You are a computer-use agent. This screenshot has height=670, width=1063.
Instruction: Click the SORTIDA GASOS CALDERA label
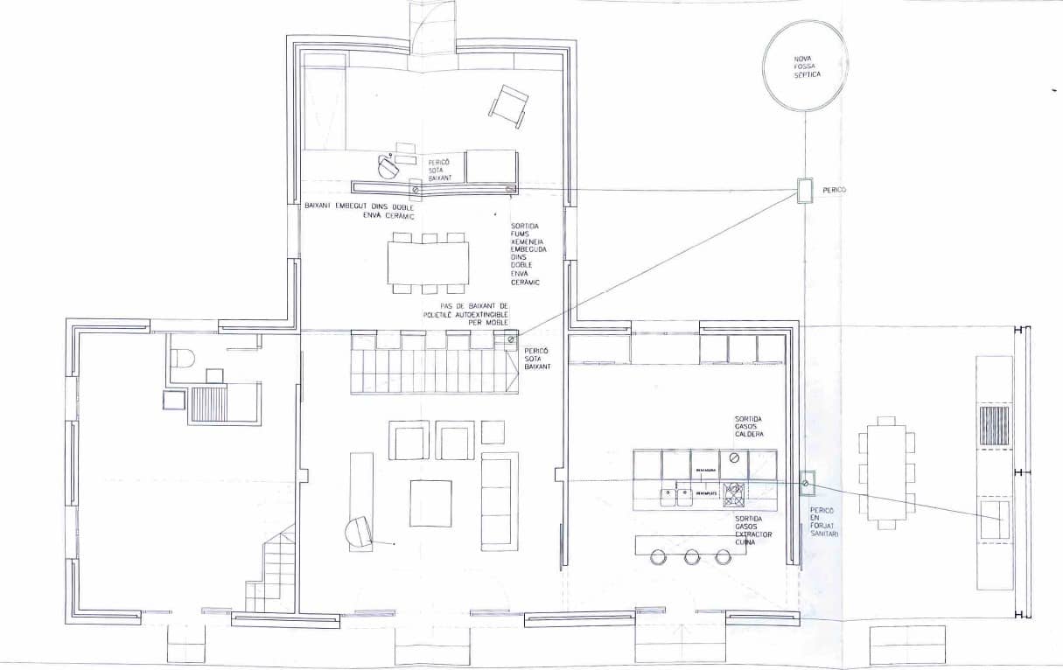point(751,427)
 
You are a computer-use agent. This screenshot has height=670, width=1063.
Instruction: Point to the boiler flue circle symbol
point(735,457)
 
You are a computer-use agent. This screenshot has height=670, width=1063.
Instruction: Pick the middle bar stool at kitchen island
point(692,556)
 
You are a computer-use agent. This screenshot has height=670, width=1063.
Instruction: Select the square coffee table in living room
point(430,503)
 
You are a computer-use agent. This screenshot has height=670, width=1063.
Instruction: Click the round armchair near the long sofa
point(360,532)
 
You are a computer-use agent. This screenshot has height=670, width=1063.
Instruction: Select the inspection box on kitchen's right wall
point(806,480)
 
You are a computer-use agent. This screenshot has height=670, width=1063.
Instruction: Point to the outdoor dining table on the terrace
point(887,472)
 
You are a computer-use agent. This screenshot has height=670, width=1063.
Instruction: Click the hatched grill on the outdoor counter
point(995,426)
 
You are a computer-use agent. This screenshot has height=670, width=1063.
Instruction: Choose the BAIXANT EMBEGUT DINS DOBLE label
point(359,210)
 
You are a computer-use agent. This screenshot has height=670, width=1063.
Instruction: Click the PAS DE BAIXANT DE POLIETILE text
point(464,313)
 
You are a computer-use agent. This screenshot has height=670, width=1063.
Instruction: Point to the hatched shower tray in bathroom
point(209,404)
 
